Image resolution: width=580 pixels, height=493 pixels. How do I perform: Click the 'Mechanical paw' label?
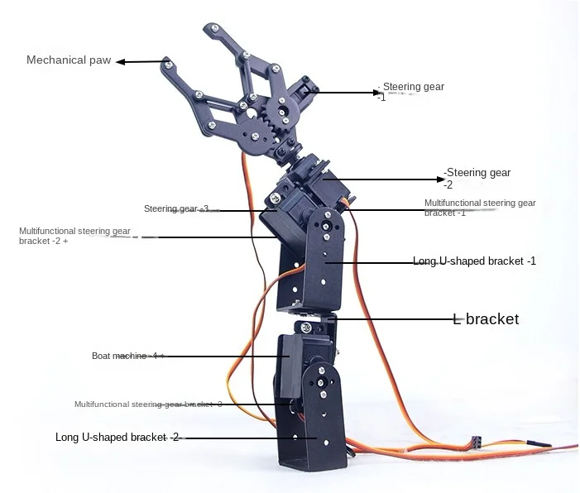[69, 60]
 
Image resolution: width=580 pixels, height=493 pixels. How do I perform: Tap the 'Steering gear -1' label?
[410, 91]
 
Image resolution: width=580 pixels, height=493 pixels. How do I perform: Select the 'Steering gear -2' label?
[477, 179]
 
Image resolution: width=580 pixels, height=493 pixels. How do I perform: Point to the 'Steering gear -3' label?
[176, 208]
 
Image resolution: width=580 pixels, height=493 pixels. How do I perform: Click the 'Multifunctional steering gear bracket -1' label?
[480, 208]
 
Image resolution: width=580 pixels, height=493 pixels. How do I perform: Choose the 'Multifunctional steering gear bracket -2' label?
[74, 236]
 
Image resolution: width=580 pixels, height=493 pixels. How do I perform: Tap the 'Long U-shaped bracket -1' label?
[474, 261]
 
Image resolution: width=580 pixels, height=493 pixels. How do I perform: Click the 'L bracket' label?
[486, 318]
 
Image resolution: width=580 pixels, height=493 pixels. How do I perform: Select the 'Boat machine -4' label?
[127, 356]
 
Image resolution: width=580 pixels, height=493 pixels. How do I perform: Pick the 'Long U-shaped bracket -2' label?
[117, 437]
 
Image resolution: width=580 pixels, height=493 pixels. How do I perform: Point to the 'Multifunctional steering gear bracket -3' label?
[148, 404]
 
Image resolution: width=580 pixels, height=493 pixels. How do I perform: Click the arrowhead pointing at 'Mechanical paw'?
[120, 62]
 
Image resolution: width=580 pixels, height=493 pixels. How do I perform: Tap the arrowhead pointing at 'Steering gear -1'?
[376, 93]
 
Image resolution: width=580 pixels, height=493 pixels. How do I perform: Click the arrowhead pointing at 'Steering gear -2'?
[440, 179]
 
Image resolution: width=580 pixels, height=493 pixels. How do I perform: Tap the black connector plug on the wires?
[476, 443]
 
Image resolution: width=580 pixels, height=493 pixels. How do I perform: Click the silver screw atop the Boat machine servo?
[306, 327]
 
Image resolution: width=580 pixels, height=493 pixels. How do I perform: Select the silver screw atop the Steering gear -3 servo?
[275, 198]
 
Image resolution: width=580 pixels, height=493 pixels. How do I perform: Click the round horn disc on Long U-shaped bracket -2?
[321, 383]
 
